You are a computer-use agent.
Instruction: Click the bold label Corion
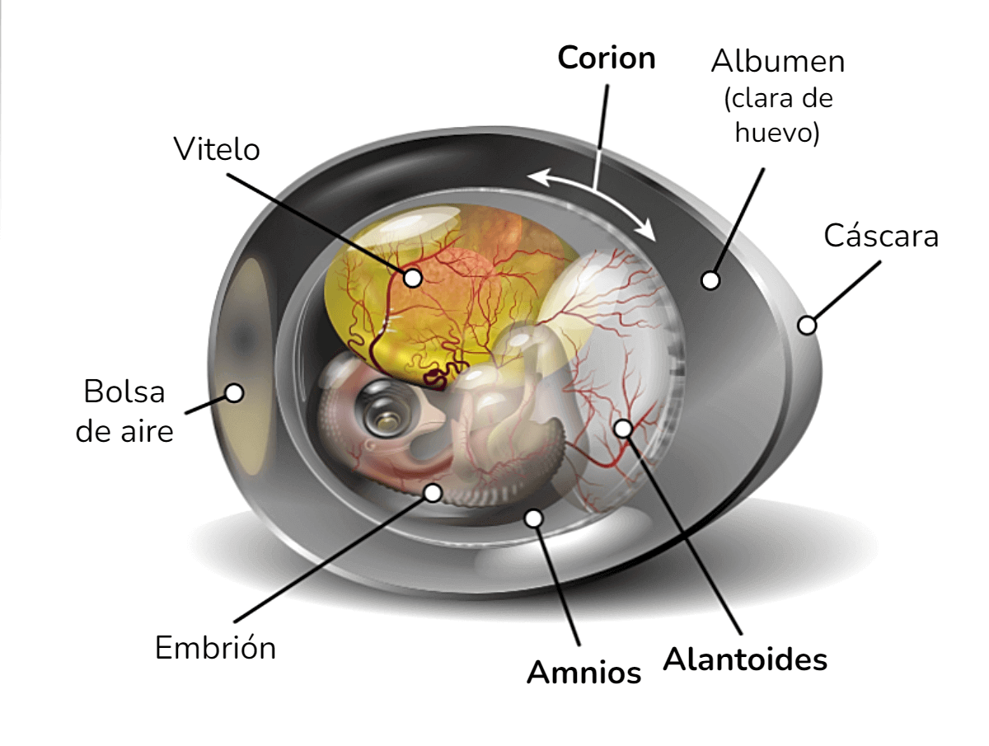pyautogui.click(x=606, y=58)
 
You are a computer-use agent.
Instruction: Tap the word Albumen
pyautogui.click(x=777, y=61)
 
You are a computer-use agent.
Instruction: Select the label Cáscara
pyautogui.click(x=881, y=235)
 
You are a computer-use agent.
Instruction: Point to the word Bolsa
pyautogui.click(x=124, y=391)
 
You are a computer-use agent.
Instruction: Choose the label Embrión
pyautogui.click(x=215, y=647)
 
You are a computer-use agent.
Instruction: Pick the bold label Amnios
pyautogui.click(x=584, y=673)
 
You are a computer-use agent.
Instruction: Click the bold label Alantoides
pyautogui.click(x=745, y=659)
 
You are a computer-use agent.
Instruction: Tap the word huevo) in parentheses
pyautogui.click(x=777, y=133)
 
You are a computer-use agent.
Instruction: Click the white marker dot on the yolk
pyautogui.click(x=412, y=278)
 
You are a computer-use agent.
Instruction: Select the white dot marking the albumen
pyautogui.click(x=710, y=280)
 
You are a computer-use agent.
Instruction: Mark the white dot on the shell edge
pyautogui.click(x=807, y=324)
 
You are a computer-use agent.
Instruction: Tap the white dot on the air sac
pyautogui.click(x=234, y=393)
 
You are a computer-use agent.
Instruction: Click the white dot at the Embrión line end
pyautogui.click(x=433, y=493)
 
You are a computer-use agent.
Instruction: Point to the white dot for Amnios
pyautogui.click(x=533, y=518)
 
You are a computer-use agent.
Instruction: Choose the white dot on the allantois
pyautogui.click(x=623, y=429)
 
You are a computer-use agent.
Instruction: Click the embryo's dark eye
pyautogui.click(x=383, y=408)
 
